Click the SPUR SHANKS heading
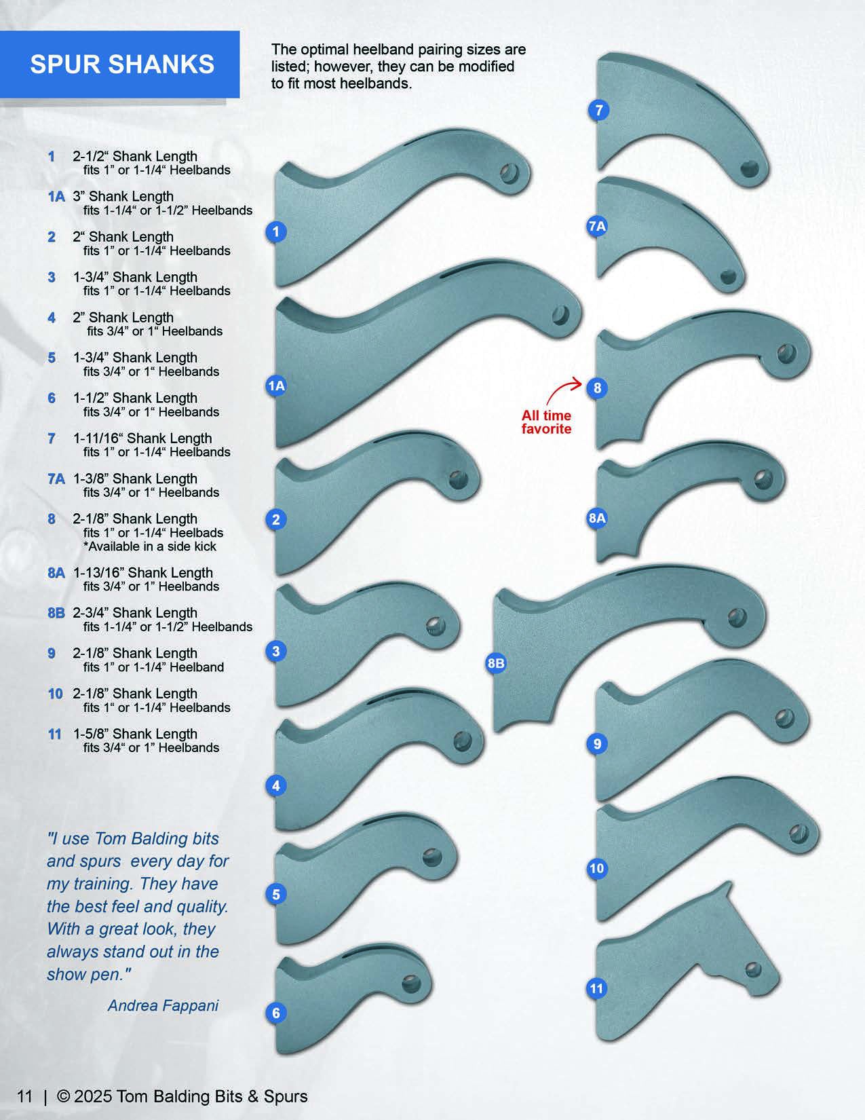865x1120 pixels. (x=122, y=64)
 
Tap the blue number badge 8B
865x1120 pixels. (x=496, y=663)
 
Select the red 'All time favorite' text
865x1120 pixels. (x=546, y=422)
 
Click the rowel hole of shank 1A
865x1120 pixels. (x=560, y=315)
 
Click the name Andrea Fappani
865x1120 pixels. (x=163, y=1005)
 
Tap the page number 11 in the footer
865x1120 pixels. (x=25, y=1096)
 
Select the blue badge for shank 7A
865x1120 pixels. (x=597, y=227)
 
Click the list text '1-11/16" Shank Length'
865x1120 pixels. (x=142, y=438)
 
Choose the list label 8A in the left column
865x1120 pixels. (x=56, y=573)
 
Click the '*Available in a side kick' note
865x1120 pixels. (x=150, y=546)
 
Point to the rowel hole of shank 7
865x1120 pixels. (x=749, y=167)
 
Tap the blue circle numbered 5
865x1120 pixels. (x=276, y=895)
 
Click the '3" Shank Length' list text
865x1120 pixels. (x=123, y=197)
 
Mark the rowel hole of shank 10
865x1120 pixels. (x=799, y=832)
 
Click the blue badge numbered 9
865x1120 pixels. (x=597, y=744)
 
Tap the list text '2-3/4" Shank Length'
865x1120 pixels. (x=135, y=613)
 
